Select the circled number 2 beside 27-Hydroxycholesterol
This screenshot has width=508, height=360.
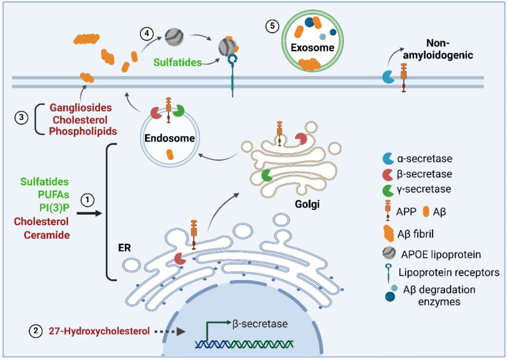click(x=36, y=331)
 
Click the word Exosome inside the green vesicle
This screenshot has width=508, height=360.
click(x=312, y=48)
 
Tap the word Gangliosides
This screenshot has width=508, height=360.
click(x=81, y=109)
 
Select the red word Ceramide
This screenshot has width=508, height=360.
click(x=42, y=235)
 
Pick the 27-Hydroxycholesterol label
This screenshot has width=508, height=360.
click(x=99, y=331)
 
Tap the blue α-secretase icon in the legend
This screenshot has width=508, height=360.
click(x=388, y=159)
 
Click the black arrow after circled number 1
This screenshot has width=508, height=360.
click(x=90, y=213)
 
